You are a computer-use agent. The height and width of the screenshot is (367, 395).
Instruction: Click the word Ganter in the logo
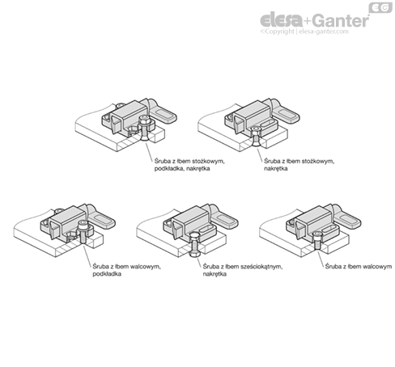point(342,20)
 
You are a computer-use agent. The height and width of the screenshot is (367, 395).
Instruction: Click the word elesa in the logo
point(282,21)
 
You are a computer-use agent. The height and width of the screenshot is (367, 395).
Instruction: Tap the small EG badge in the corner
point(380,7)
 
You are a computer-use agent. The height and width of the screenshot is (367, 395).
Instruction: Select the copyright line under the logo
point(304,32)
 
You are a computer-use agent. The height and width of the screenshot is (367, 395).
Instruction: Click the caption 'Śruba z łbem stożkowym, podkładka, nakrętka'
point(189,165)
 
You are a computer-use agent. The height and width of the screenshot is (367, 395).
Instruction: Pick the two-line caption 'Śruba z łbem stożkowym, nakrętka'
point(299,165)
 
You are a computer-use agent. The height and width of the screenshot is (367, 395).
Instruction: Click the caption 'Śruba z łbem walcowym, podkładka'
point(126,270)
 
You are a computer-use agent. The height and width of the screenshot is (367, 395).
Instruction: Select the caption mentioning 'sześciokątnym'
point(243,270)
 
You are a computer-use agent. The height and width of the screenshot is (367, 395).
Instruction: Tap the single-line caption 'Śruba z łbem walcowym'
point(359,267)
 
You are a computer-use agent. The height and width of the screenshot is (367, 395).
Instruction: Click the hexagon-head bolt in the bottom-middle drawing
point(193,245)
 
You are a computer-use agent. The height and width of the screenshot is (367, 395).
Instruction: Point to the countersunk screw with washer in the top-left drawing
point(145,129)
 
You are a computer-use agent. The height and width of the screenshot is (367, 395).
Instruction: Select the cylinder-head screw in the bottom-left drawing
point(83,233)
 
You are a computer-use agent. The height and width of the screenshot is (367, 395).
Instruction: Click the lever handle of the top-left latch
point(162,112)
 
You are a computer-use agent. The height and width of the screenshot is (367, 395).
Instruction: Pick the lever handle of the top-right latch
point(285,112)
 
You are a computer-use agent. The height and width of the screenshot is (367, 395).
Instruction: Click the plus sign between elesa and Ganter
point(308,21)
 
